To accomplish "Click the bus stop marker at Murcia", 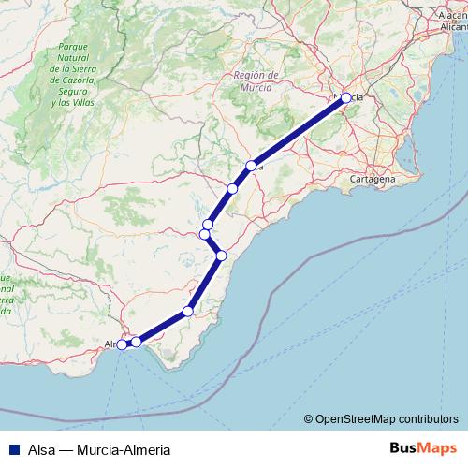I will pos(345,97).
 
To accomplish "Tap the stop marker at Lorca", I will pos(251,166).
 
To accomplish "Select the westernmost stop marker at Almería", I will pos(122,344).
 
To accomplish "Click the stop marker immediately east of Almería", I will pos(137,342).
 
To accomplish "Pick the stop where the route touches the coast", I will pos(222,255).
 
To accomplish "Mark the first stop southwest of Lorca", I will pos(232,188).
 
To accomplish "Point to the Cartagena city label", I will pos(372,178).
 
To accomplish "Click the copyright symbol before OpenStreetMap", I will pos(309,419).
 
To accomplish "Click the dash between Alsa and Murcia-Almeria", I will pos(66,448).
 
